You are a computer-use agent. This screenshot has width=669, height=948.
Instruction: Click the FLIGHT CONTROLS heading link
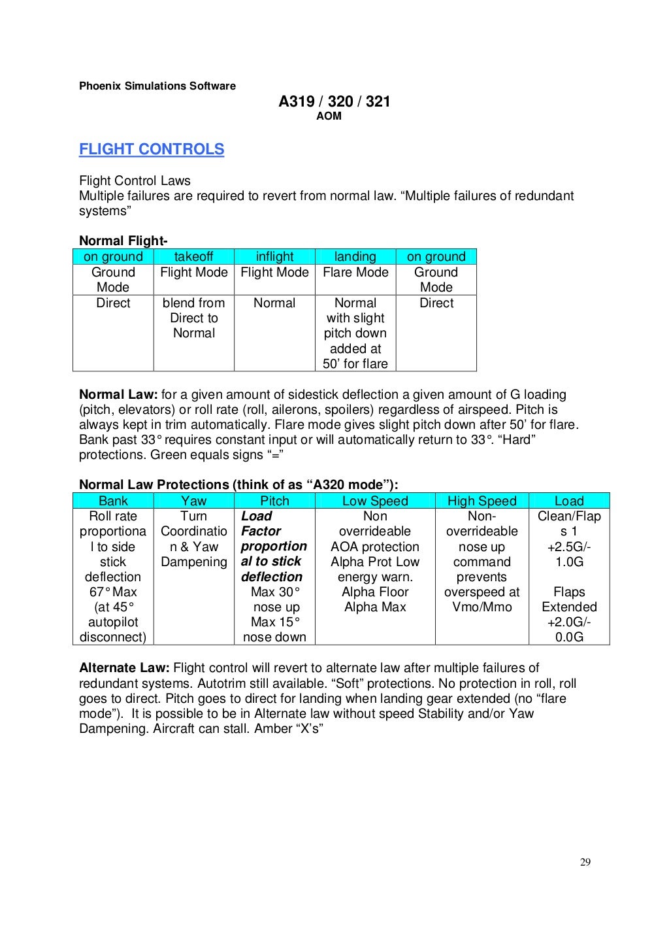[151, 149]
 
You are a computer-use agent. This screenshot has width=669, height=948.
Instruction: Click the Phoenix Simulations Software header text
[157, 86]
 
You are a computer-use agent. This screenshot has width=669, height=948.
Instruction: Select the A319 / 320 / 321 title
[334, 101]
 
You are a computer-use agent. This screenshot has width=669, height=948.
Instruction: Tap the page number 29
[585, 862]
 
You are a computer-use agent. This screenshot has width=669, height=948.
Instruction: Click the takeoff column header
[193, 256]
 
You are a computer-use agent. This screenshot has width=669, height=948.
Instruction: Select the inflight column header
[274, 256]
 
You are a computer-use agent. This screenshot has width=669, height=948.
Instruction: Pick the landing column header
[355, 256]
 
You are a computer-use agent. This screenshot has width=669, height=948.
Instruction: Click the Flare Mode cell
[355, 272]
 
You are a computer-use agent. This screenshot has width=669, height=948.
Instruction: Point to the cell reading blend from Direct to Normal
[193, 318]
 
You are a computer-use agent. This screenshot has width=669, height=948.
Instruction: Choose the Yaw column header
[193, 501]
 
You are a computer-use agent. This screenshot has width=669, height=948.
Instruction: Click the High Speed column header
[481, 501]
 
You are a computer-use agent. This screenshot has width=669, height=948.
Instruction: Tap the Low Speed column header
[374, 501]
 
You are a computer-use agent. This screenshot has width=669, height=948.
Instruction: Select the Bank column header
[113, 501]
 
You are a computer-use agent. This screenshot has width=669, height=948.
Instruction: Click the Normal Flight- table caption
[123, 241]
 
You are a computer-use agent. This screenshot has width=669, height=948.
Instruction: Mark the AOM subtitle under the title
[329, 116]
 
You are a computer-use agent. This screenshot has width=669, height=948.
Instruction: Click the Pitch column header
[274, 501]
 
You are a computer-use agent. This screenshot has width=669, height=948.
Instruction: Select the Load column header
[568, 501]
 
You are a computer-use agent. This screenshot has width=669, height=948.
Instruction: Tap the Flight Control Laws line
[135, 180]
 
